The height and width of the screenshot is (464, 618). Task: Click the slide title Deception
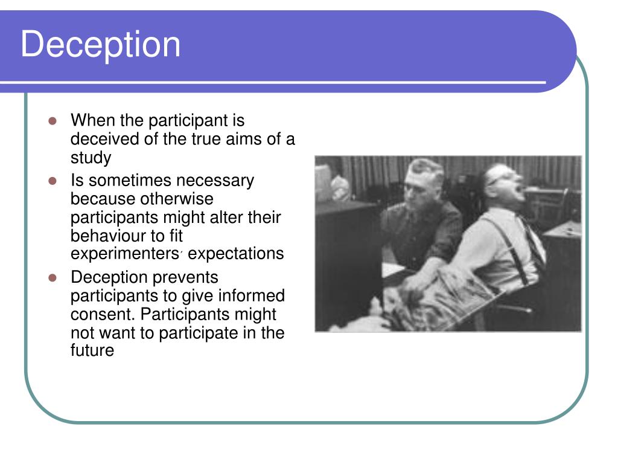point(101,45)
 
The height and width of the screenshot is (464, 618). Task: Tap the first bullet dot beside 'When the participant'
point(53,121)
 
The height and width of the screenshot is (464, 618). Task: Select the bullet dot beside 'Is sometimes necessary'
point(53,181)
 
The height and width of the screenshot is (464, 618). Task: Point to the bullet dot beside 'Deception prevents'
point(53,278)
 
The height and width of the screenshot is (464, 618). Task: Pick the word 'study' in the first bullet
point(91,158)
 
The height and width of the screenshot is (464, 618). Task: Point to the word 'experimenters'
point(124,254)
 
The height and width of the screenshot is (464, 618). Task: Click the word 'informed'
point(252,295)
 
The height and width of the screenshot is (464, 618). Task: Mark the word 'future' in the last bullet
point(92,350)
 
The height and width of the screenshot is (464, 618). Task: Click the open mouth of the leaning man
point(520,192)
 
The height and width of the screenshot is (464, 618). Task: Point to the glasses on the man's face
point(500,177)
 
